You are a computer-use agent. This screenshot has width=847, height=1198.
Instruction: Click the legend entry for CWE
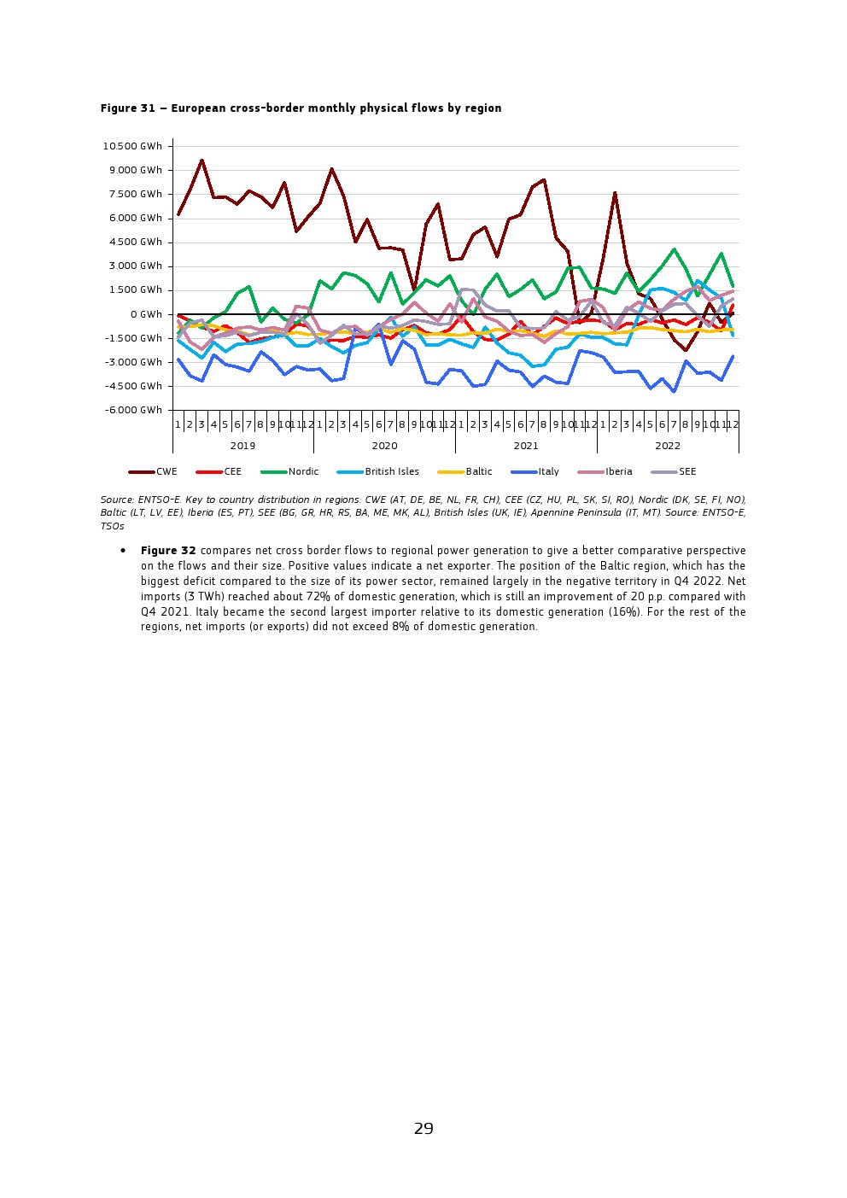166,471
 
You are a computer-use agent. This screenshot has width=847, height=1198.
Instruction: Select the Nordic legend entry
303,471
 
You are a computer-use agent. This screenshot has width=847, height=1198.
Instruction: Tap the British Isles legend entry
391,471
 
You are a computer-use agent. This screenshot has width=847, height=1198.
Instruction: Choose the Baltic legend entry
478,471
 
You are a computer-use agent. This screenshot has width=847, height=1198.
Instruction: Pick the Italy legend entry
548,471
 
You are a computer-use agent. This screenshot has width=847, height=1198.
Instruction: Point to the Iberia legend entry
619,471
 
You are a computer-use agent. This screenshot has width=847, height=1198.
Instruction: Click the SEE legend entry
687,471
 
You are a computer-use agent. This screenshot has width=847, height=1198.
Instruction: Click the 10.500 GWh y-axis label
132,146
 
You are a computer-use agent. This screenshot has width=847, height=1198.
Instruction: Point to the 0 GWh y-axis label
146,314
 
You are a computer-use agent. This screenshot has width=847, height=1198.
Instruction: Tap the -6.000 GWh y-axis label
133,410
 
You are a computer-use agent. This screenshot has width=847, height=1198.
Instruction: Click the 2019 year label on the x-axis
242,446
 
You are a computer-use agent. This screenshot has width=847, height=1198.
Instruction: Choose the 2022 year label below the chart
668,446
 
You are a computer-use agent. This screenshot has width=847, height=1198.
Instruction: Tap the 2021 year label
526,446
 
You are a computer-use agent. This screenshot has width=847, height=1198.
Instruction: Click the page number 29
423,1129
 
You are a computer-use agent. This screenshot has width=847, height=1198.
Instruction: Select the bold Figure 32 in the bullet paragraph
168,551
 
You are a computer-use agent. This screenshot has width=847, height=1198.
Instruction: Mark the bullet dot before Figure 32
124,552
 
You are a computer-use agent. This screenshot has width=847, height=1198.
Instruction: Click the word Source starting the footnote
116,500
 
